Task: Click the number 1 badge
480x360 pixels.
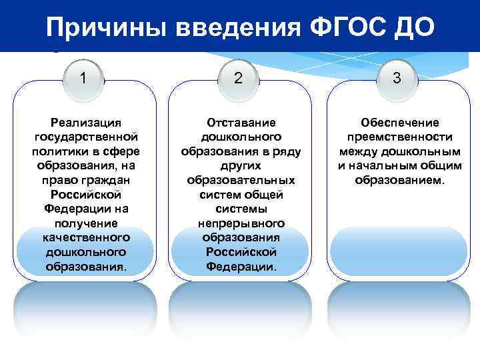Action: coord(83,78)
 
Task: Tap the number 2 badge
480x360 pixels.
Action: coord(239,78)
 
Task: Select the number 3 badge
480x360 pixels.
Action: coord(396,78)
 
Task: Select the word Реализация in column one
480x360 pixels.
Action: coord(86,123)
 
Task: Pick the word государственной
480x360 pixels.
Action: coord(86,137)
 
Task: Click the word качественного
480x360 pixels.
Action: coord(86,237)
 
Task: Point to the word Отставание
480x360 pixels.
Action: coord(241,123)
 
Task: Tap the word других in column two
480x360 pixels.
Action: coord(241,166)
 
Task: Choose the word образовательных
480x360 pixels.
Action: coord(241,180)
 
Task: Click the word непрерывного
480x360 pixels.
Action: coord(241,223)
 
